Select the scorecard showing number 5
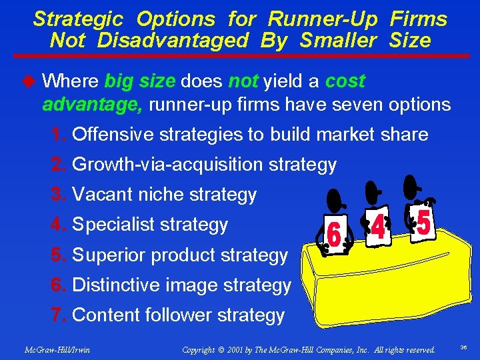click(423, 222)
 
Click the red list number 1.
click(59, 135)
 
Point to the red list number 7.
click(59, 315)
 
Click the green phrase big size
click(139, 81)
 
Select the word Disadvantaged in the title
click(172, 41)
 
